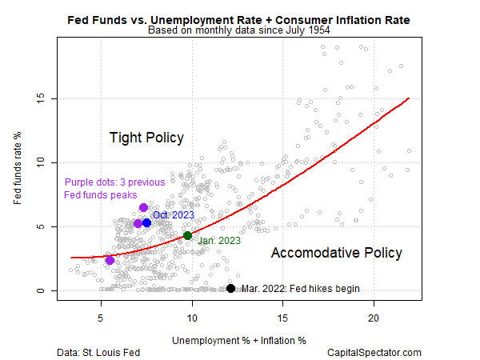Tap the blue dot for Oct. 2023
(x=146, y=222)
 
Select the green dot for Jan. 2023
(x=187, y=235)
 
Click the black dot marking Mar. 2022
(x=230, y=288)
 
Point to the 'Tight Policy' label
(x=146, y=138)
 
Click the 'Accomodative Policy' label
(x=336, y=253)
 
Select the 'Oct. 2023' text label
(x=174, y=214)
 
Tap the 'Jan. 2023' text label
(x=219, y=240)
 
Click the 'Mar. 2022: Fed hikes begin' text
(x=300, y=289)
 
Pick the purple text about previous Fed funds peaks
(x=114, y=189)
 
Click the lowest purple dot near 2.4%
(x=110, y=260)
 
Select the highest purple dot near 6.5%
(x=143, y=208)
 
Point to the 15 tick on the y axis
(x=46, y=99)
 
